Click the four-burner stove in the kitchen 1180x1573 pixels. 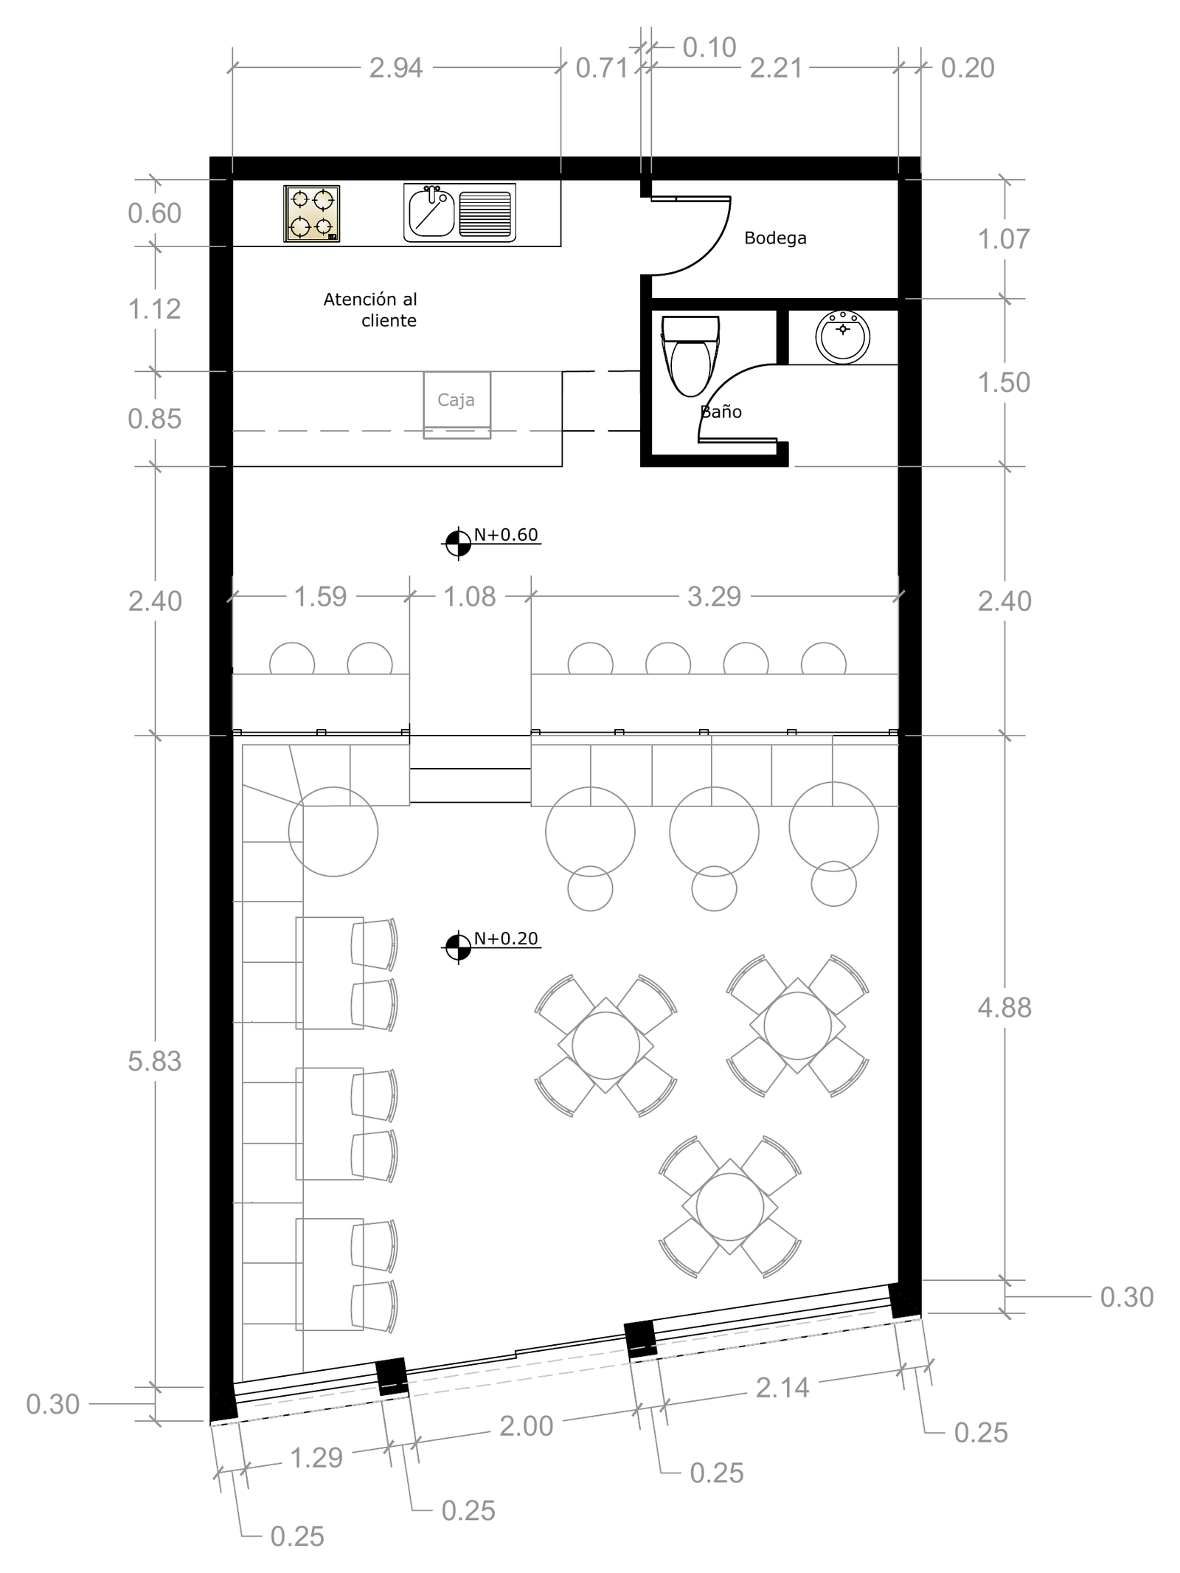[x=311, y=213]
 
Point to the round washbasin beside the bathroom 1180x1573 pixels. [x=842, y=336]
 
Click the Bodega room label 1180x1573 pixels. [x=775, y=238]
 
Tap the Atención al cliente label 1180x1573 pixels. [x=370, y=310]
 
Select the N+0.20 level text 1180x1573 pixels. [x=506, y=938]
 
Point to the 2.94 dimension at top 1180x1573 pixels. [x=396, y=68]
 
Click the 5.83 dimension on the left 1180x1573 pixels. [x=154, y=1061]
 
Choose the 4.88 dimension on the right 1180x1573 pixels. [x=1004, y=1008]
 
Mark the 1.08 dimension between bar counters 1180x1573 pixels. [x=470, y=596]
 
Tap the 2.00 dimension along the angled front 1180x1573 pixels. [x=527, y=1426]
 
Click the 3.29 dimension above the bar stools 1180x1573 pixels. [x=714, y=596]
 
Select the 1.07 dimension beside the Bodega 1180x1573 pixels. [x=1004, y=239]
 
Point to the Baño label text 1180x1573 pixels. [x=721, y=412]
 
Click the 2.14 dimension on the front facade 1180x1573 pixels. [x=782, y=1388]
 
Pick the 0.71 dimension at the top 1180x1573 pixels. [x=602, y=68]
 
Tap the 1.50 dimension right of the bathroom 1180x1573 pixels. [x=1004, y=382]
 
